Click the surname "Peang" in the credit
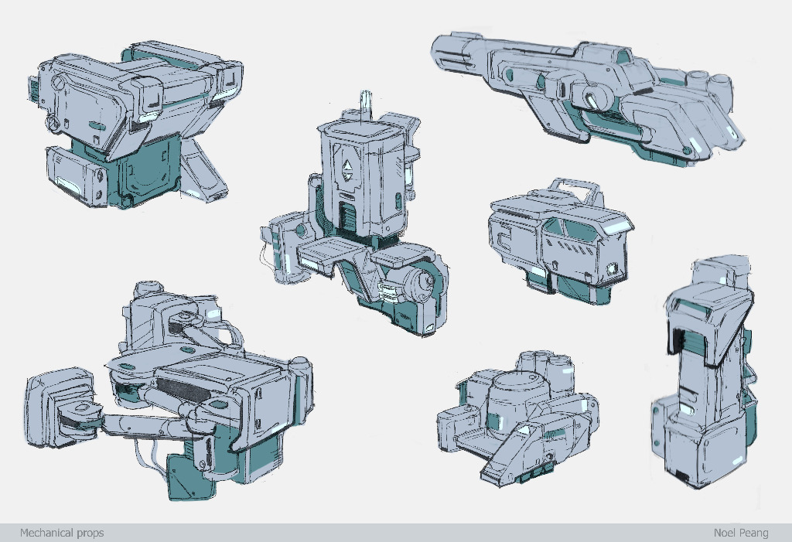pos(755,533)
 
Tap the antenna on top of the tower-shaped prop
pos(366,105)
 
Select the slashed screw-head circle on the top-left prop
pos(59,82)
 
